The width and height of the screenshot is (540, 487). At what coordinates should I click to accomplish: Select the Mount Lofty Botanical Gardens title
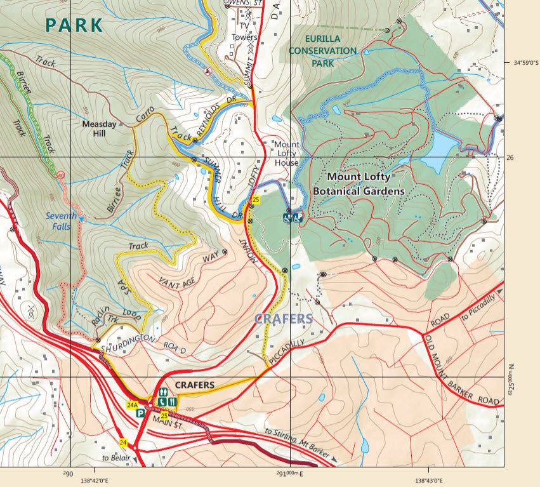point(359,183)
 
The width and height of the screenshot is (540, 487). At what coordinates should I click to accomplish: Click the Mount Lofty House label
point(286,154)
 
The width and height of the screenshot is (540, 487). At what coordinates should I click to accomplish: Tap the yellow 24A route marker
point(133,405)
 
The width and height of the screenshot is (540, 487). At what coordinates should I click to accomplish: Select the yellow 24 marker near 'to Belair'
point(123,443)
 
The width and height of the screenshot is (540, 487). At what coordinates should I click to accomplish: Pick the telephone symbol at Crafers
point(163,402)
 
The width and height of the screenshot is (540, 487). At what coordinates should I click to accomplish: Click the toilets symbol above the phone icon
point(163,392)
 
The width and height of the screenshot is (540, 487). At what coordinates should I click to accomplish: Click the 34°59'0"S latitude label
point(525,62)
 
